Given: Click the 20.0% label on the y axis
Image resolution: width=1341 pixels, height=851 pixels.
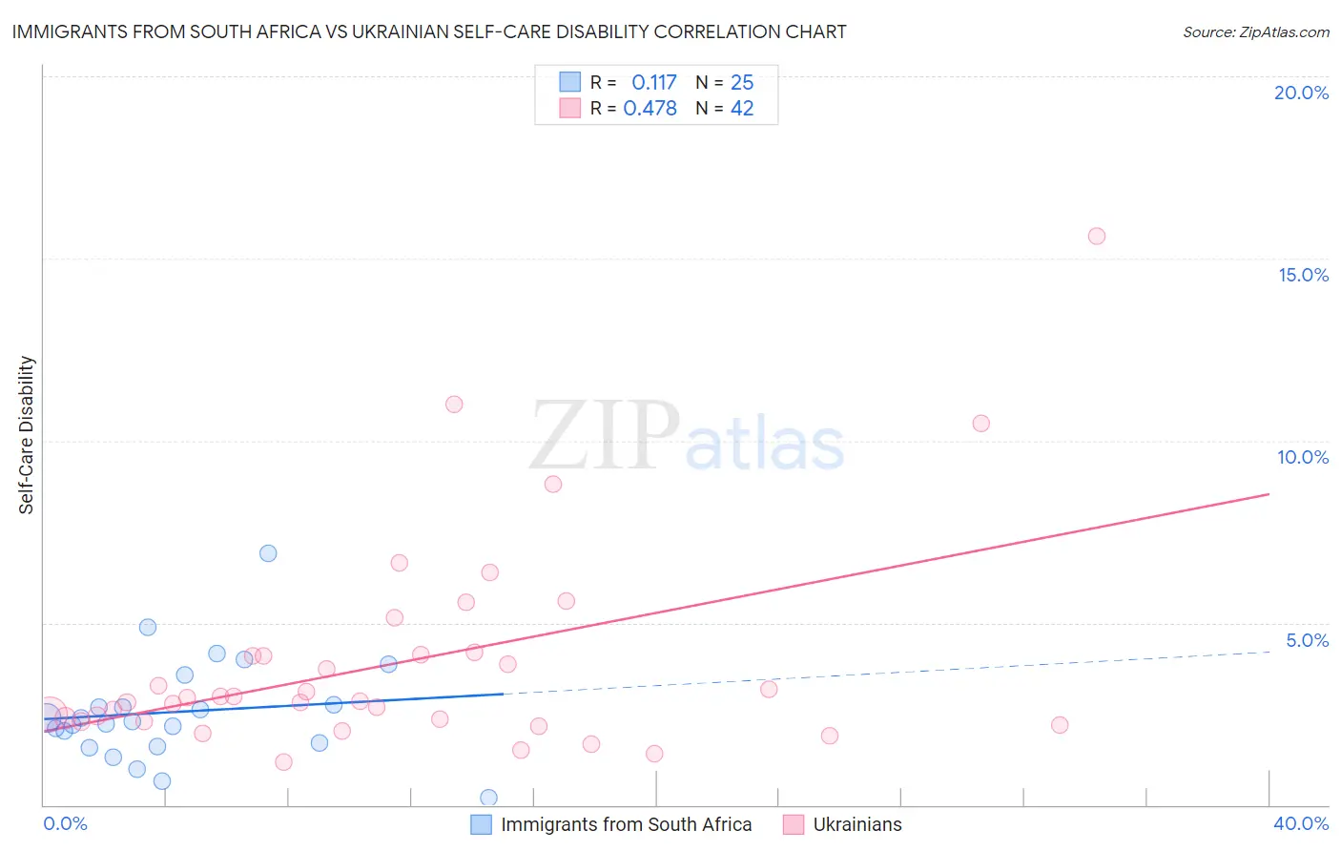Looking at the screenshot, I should click(x=1301, y=93).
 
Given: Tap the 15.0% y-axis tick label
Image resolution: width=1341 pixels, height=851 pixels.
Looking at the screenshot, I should click(x=1303, y=275).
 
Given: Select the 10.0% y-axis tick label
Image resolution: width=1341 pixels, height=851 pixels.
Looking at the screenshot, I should click(x=1303, y=457).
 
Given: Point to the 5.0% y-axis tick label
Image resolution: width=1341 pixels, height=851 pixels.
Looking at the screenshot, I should click(x=1307, y=640).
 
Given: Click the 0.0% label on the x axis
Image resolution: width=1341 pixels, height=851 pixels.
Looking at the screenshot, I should click(x=65, y=823).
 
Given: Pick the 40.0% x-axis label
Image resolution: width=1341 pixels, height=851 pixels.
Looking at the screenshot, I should click(x=1300, y=823).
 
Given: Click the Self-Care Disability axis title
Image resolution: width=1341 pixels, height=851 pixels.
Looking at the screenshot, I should click(x=26, y=435).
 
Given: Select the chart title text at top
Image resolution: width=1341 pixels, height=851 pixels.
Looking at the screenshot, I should click(x=429, y=31).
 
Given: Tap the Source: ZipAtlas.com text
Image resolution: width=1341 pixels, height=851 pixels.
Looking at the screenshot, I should click(x=1255, y=31).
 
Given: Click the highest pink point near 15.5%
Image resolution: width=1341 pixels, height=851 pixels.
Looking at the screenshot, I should click(x=1097, y=237).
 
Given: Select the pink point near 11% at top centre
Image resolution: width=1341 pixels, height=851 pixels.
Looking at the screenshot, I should click(x=454, y=405).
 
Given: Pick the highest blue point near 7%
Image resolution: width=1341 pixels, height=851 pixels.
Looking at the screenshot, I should click(x=268, y=553).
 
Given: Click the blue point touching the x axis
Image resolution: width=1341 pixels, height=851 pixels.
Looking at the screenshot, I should click(x=489, y=798).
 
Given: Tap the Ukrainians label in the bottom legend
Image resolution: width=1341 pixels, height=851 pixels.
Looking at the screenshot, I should click(x=856, y=824).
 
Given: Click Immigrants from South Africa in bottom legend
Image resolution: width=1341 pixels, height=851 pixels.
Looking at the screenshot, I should click(x=626, y=824).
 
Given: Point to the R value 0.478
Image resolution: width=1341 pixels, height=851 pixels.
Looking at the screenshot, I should click(x=650, y=109).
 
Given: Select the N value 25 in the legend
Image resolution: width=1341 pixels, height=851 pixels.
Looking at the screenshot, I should click(x=742, y=83).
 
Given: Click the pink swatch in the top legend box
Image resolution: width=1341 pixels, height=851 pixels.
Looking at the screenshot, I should click(x=569, y=108).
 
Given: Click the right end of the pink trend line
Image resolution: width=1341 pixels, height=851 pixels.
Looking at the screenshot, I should click(x=1269, y=494).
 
